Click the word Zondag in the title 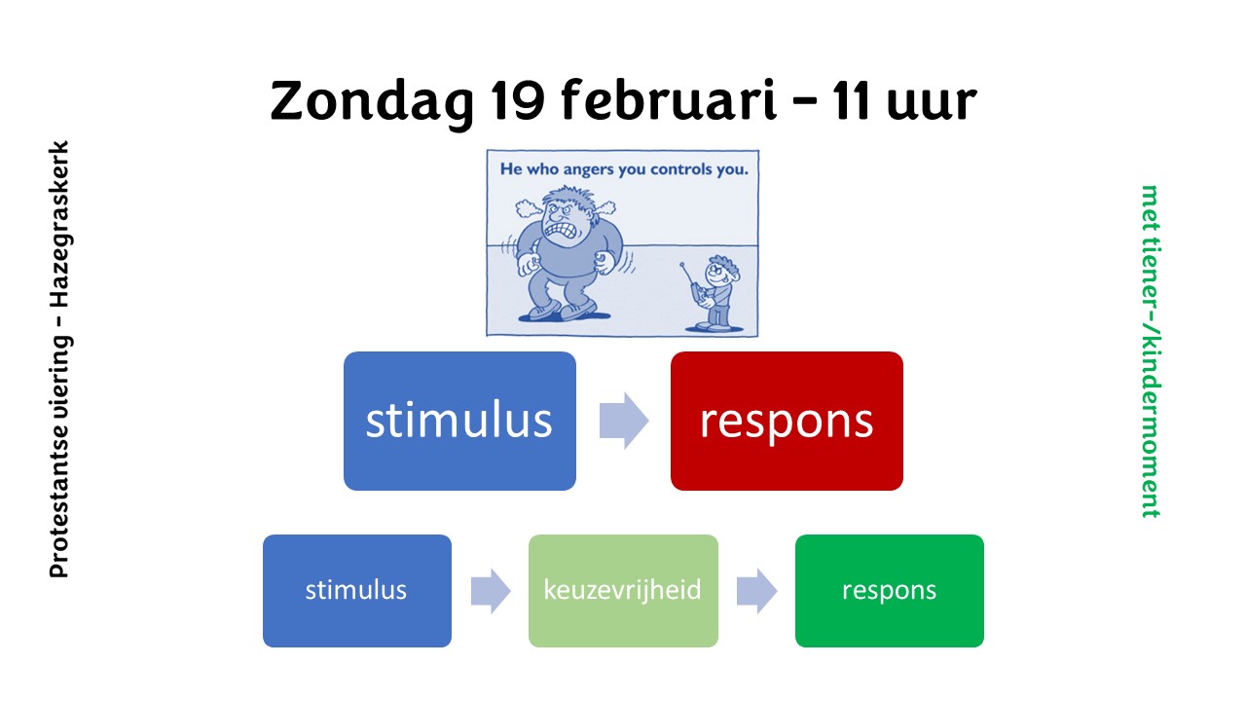click(x=372, y=102)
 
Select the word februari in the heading click(x=668, y=99)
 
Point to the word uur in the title click(x=932, y=104)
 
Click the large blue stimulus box click(x=459, y=421)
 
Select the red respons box click(x=787, y=421)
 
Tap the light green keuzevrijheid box click(x=623, y=591)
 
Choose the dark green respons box click(x=890, y=591)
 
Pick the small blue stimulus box click(x=357, y=591)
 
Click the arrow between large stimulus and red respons click(x=624, y=421)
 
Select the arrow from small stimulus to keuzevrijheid click(x=490, y=591)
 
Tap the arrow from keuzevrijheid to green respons click(x=756, y=591)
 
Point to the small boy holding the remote click(x=714, y=293)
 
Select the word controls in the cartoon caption click(x=682, y=169)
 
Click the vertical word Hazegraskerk click(x=59, y=224)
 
